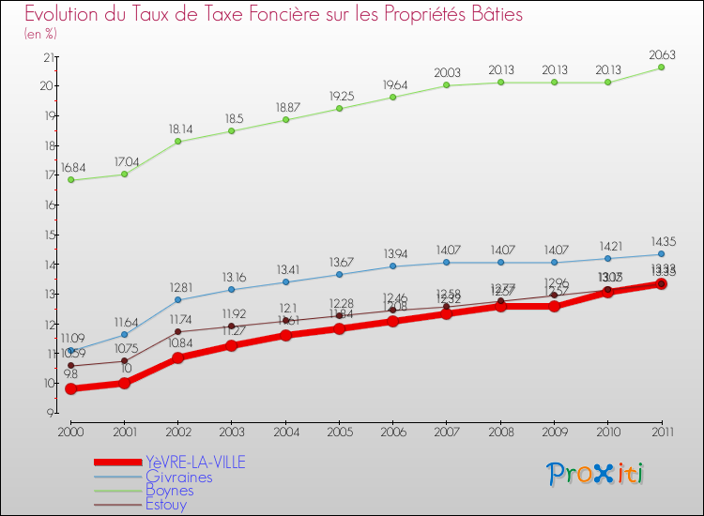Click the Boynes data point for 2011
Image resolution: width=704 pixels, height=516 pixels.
661,68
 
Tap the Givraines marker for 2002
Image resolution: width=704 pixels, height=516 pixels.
177,300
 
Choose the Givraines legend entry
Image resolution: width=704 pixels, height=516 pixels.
178,477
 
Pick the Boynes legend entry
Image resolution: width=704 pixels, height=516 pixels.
170,490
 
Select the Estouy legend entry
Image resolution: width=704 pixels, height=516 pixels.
166,504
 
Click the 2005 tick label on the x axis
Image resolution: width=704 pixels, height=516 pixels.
340,431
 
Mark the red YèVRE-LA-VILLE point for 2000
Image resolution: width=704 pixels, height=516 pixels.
70,388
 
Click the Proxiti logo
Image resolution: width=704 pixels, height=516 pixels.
596,474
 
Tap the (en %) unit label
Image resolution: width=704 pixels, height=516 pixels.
41,34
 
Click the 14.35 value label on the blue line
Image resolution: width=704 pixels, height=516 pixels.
661,242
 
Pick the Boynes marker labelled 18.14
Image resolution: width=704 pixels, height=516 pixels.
177,142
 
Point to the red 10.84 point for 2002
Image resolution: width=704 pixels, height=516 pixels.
177,357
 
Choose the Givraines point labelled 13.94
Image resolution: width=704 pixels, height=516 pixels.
393,266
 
